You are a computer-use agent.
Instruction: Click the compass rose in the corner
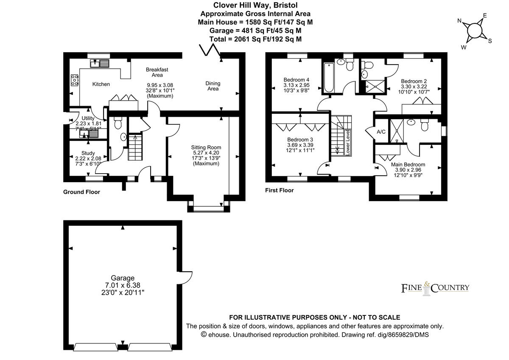[x=474, y=31]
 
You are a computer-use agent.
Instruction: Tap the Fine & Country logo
[x=435, y=288]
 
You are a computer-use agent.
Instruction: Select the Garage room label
[x=123, y=278]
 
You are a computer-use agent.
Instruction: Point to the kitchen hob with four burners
[x=75, y=79]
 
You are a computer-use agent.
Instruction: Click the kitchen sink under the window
[x=99, y=64]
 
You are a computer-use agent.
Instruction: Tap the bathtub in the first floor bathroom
[x=329, y=78]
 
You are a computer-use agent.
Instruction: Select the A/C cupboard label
[x=381, y=132]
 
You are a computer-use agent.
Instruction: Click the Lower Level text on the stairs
[x=348, y=142]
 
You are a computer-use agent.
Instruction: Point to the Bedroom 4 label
[x=296, y=80]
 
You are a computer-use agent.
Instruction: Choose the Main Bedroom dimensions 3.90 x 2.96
[x=408, y=170]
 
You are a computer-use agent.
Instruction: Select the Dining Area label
[x=213, y=86]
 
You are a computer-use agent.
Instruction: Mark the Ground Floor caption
[x=81, y=192]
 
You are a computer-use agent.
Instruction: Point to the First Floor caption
[x=279, y=190]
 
